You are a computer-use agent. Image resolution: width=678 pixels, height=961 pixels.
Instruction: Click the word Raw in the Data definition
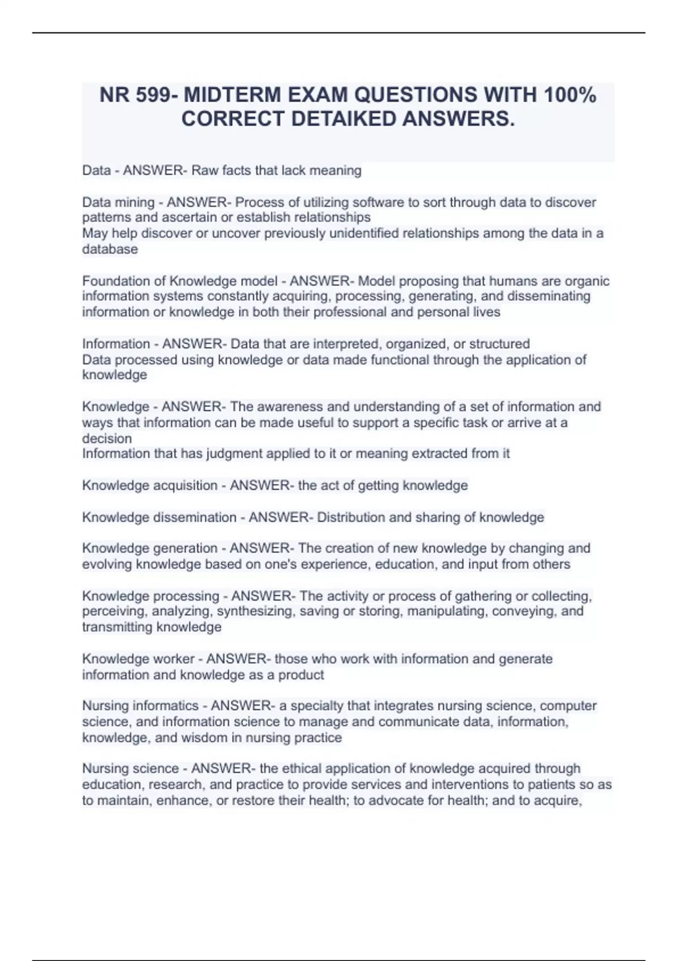pyautogui.click(x=205, y=170)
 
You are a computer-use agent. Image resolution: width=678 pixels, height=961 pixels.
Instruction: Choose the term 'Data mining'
pyautogui.click(x=118, y=202)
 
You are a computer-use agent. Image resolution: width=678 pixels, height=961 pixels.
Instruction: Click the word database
pyautogui.click(x=110, y=249)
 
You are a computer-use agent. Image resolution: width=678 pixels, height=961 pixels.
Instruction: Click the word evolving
pyautogui.click(x=107, y=564)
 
